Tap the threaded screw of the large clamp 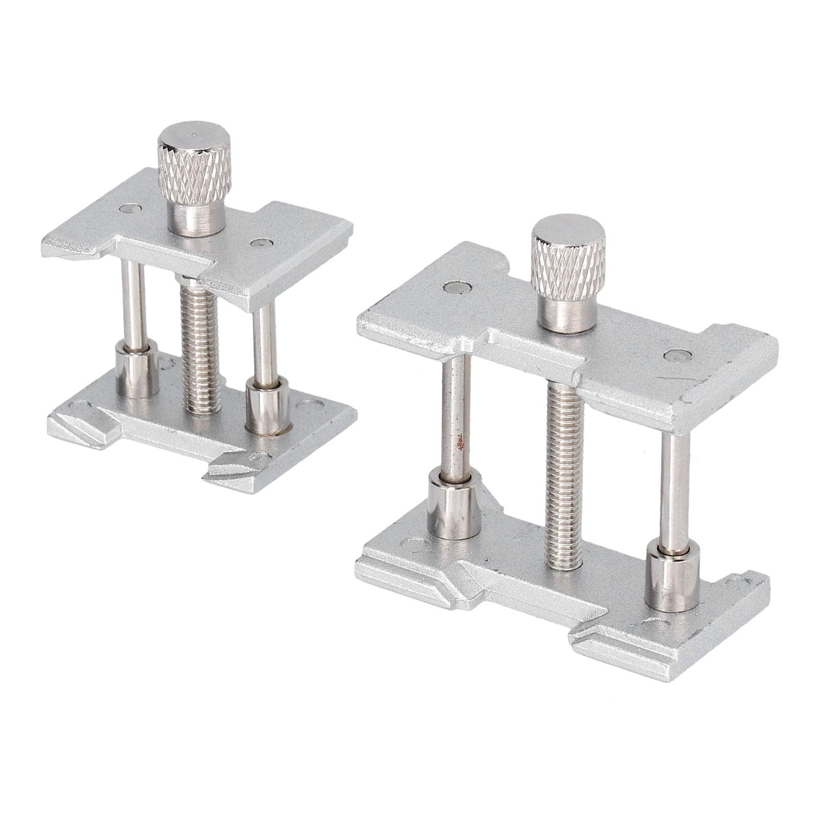tap(565, 471)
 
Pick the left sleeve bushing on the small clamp tap(135, 370)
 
